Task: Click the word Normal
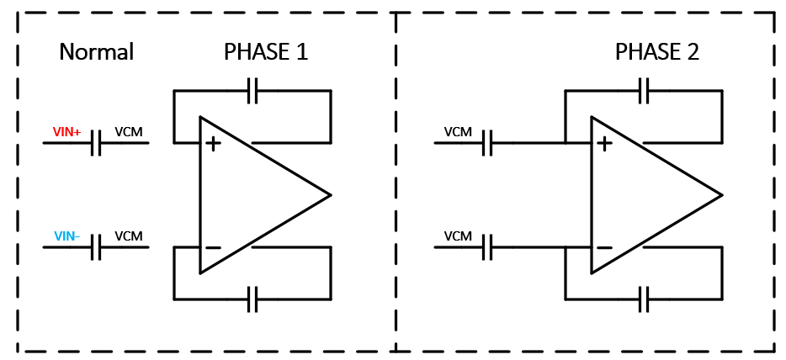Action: click(x=96, y=52)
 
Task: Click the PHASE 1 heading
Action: click(x=265, y=52)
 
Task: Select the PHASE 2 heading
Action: click(x=656, y=52)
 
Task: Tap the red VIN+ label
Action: click(x=66, y=132)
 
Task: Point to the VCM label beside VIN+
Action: click(x=129, y=132)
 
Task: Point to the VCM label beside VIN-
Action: click(x=129, y=236)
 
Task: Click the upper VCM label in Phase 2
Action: click(x=458, y=132)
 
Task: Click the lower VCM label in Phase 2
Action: click(x=458, y=236)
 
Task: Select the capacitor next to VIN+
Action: click(x=96, y=143)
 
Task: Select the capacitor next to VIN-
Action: click(x=96, y=247)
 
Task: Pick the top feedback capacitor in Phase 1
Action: click(x=252, y=91)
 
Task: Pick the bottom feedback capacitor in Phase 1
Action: click(x=252, y=299)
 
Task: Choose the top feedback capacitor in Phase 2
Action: click(x=644, y=91)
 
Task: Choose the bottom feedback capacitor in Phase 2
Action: click(x=644, y=299)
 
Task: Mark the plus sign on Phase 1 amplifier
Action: click(x=213, y=144)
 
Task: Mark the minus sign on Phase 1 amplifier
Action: click(x=213, y=247)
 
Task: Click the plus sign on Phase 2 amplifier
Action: click(x=604, y=144)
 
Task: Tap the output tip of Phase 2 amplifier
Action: click(x=720, y=195)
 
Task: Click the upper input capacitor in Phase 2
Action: click(x=487, y=143)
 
